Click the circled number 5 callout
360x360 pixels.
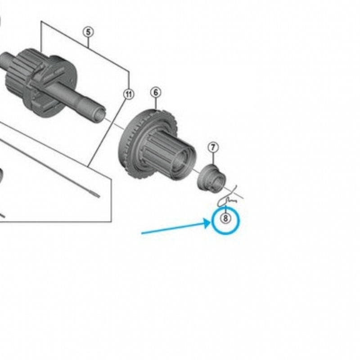(x=88, y=31)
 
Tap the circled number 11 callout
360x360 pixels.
(x=129, y=94)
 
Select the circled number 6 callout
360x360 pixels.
(x=156, y=92)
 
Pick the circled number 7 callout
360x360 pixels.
(x=213, y=148)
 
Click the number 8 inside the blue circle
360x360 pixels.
(x=225, y=218)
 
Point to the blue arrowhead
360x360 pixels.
(x=207, y=223)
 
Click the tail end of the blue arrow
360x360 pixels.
(x=142, y=233)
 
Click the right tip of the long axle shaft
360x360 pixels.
(x=101, y=115)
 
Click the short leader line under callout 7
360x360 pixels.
(x=213, y=159)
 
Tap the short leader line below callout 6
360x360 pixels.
(x=156, y=104)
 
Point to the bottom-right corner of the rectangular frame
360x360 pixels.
(x=111, y=222)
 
